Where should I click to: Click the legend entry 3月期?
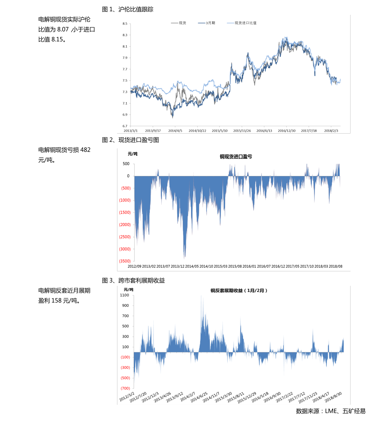tap(210, 23)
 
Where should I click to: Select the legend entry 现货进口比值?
tap(245, 23)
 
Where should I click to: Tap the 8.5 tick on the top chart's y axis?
tap(125, 24)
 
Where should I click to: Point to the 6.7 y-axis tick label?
tap(125, 126)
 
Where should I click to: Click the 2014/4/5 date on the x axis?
tap(175, 131)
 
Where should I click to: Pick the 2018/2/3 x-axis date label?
tap(331, 131)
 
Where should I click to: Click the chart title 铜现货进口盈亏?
tap(236, 157)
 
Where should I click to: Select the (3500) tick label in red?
tap(125, 261)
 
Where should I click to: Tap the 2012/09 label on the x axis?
tap(134, 267)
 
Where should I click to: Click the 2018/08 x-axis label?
tap(335, 267)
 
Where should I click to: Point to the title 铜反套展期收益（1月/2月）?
tap(239, 291)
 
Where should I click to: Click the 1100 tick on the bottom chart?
tap(124, 295)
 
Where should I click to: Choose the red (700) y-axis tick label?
tap(125, 388)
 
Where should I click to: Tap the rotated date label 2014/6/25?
tap(199, 397)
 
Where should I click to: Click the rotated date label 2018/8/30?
tap(333, 397)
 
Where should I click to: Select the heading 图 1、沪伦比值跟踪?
tap(128, 9)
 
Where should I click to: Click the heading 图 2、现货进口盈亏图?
tap(130, 140)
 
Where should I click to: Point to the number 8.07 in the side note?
tap(63, 30)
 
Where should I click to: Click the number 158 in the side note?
tap(56, 301)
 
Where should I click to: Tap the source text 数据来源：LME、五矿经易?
tap(331, 411)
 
